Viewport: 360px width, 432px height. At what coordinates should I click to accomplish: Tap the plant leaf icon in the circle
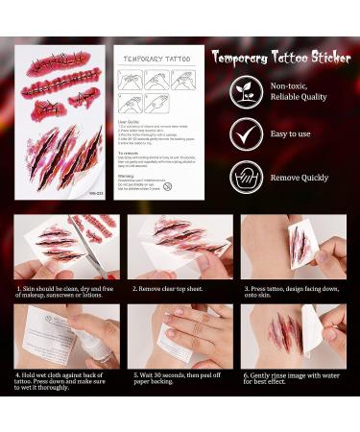[x=245, y=92]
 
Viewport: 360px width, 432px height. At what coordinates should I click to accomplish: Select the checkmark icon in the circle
[x=245, y=134]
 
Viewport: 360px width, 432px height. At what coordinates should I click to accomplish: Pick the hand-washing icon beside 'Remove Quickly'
[x=245, y=177]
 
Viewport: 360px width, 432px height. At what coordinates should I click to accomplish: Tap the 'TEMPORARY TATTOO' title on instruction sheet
[x=155, y=59]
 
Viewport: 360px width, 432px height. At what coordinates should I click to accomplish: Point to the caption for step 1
[x=65, y=291]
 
